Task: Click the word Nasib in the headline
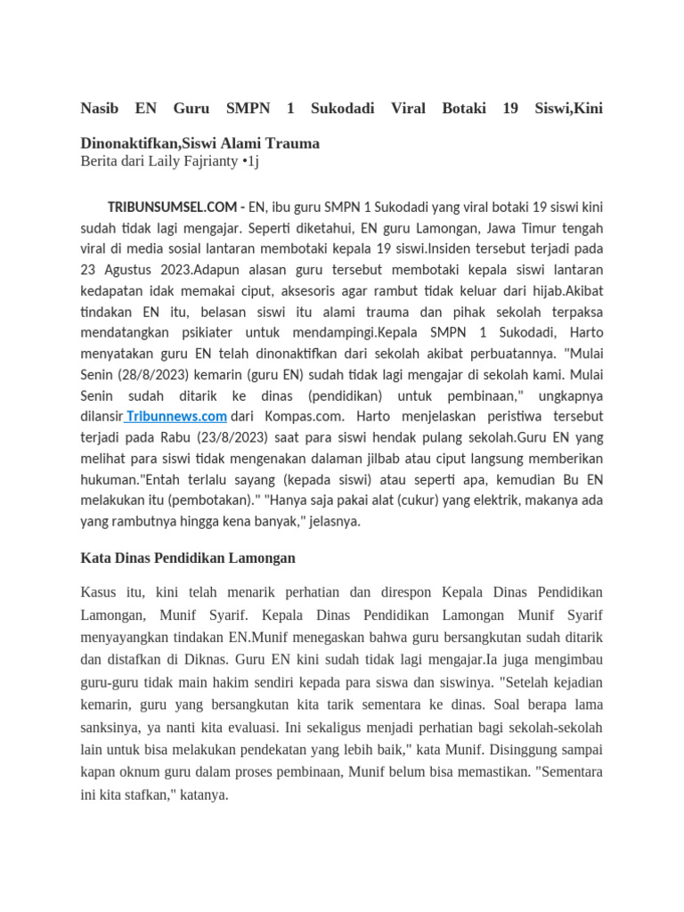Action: coord(99,109)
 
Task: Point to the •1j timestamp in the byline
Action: coord(250,161)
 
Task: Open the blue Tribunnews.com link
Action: coord(176,416)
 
